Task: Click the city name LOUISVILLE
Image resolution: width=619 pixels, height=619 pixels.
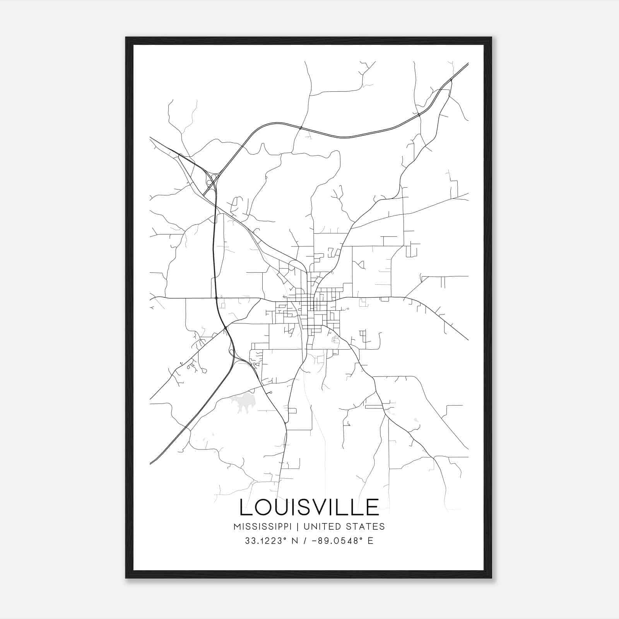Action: tap(309, 507)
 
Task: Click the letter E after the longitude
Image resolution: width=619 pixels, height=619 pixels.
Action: tap(371, 541)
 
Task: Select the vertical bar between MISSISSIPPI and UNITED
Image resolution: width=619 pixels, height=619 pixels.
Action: tap(299, 527)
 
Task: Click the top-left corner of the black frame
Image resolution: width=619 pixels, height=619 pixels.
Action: tap(126, 38)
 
